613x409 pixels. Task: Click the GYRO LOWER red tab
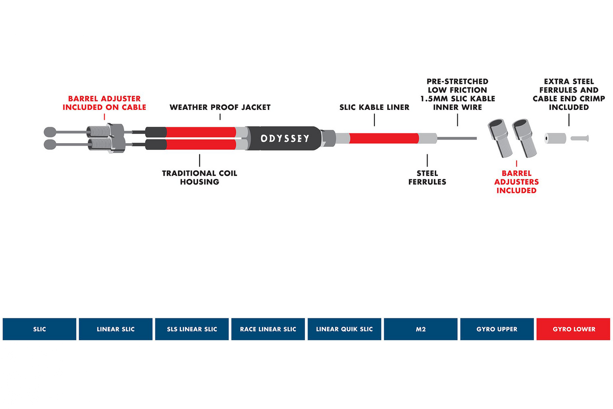point(573,329)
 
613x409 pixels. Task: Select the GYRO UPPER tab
point(497,329)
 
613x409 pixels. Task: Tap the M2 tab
point(420,329)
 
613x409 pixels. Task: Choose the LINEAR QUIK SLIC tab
point(344,329)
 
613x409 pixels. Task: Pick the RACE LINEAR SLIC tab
point(268,329)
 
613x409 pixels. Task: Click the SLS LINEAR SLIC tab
point(192,329)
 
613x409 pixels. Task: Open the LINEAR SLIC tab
point(115,329)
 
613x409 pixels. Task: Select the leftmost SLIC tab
point(39,329)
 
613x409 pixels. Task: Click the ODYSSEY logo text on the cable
point(285,139)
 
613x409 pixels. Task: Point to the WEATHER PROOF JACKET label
point(220,107)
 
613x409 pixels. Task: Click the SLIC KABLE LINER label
point(374,107)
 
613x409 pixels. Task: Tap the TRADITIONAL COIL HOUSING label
point(200,177)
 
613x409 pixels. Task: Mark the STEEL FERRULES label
point(427,177)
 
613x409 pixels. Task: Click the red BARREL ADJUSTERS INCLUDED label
point(516,181)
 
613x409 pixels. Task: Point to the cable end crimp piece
point(580,139)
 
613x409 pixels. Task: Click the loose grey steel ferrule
point(555,139)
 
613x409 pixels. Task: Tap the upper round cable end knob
point(50,132)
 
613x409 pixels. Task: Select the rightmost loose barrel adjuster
point(524,139)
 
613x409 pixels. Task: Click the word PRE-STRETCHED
point(457,81)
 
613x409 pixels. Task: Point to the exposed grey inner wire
point(457,139)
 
